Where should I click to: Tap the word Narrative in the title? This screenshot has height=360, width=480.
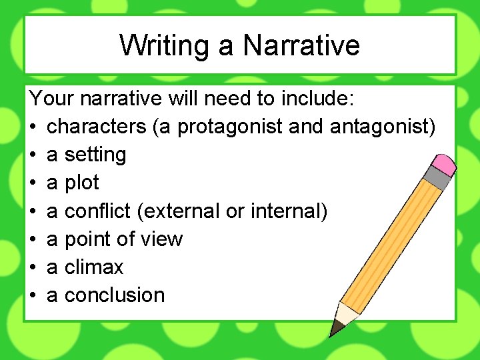pos(301,45)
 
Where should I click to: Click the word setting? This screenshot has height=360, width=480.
pos(95,155)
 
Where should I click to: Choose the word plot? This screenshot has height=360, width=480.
pos(82,183)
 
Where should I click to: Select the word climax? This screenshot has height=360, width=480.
pos(94,267)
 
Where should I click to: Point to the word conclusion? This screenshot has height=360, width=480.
pos(115,295)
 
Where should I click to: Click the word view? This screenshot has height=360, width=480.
pos(163,239)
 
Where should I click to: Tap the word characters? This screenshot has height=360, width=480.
pos(98,126)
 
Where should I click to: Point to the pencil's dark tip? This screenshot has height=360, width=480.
pos(335,329)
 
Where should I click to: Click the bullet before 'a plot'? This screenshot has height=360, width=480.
pos(33,183)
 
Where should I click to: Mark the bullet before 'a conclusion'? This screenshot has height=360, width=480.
pos(33,295)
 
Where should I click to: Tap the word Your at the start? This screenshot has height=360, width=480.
pos(51,98)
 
